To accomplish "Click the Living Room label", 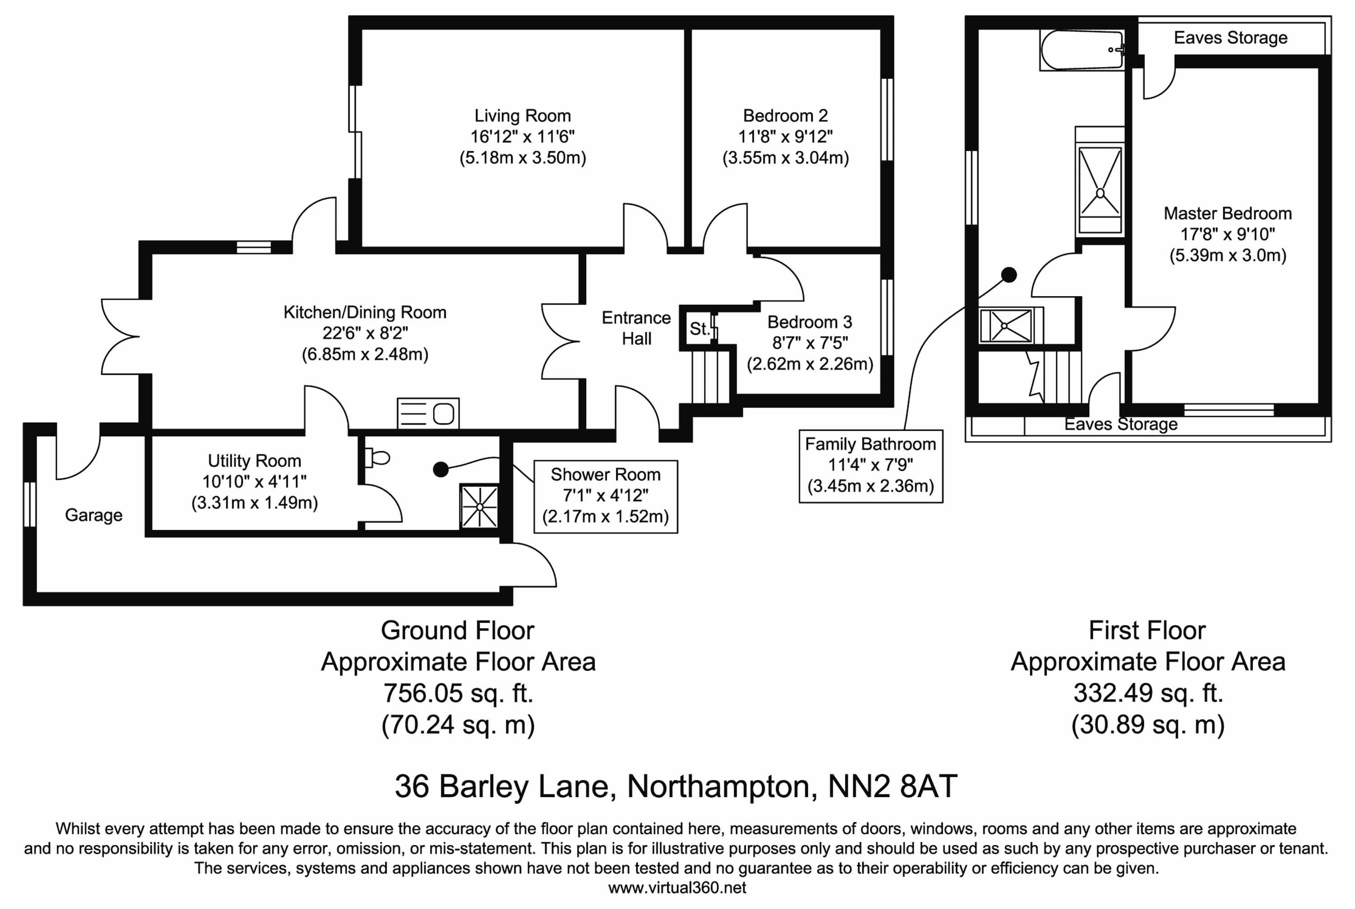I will point(522,116).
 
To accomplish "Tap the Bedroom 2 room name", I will point(785,116).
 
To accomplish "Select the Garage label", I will point(93,515).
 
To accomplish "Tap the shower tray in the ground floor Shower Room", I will point(479,507).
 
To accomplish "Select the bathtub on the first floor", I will point(1082,51).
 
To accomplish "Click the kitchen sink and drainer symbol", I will point(428,413).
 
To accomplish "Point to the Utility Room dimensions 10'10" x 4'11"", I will point(254,481).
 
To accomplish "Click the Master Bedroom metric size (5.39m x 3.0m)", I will point(1227,255).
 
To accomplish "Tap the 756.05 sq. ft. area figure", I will point(458,693).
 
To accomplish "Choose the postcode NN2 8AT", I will point(892,786).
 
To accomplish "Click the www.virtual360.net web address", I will point(677,887).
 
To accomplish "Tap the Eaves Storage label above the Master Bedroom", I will point(1230,37).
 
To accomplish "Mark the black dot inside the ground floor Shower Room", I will point(441,469).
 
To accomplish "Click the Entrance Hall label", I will point(636,328).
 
